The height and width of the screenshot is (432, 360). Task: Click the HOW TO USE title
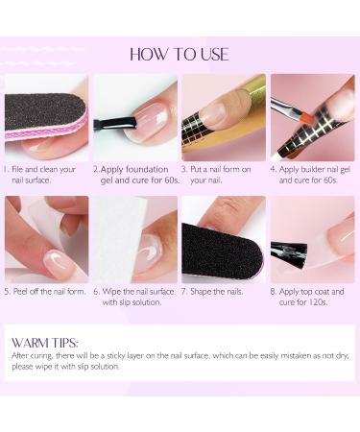[x=180, y=53]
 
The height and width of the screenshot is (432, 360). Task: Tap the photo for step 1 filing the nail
[x=45, y=117]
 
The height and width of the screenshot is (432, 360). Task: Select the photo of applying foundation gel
[x=135, y=117]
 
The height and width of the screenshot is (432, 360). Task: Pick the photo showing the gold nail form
[x=224, y=117]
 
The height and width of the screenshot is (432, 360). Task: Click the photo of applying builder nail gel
[x=313, y=117]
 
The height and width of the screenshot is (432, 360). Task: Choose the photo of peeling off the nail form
[x=45, y=239]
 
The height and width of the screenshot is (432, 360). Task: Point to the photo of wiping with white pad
[x=135, y=239]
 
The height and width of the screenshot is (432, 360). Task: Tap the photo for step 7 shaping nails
[x=224, y=239]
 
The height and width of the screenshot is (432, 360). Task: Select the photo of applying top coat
[x=313, y=239]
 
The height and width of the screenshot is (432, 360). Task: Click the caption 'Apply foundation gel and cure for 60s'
[x=135, y=174]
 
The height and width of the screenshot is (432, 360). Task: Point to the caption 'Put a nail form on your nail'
[x=224, y=174]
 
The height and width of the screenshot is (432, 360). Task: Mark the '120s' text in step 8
[x=321, y=301]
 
